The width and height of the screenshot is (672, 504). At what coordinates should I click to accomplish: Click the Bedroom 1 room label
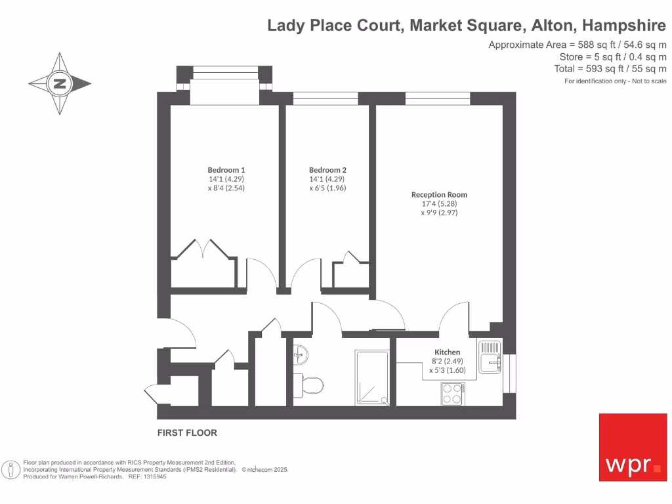click(x=226, y=170)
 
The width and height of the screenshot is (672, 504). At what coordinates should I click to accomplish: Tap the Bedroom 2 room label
click(x=327, y=170)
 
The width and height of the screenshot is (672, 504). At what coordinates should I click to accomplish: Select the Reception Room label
click(x=439, y=195)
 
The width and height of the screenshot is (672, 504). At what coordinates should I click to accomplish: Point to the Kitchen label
click(x=448, y=352)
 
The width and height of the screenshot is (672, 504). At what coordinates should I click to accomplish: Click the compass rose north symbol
click(x=60, y=83)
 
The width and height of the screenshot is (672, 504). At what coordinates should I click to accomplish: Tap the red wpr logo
click(x=633, y=447)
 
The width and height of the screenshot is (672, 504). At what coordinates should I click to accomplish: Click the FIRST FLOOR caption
click(x=187, y=433)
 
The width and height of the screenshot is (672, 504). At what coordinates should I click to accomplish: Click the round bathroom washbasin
click(x=299, y=355)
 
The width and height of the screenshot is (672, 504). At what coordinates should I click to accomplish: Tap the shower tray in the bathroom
click(x=372, y=377)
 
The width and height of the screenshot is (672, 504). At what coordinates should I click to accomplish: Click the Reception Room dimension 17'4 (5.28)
click(x=439, y=203)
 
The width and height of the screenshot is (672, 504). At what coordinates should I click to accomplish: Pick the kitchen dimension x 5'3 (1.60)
click(x=447, y=370)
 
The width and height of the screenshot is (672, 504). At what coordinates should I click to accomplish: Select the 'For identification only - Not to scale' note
click(x=616, y=81)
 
